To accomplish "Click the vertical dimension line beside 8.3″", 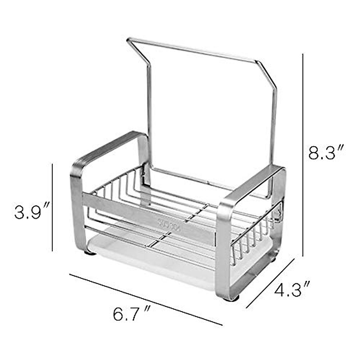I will pyautogui.click(x=303, y=150).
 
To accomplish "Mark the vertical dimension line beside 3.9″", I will pyautogui.click(x=52, y=207).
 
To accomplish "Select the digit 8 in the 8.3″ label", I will pyautogui.click(x=315, y=153).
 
